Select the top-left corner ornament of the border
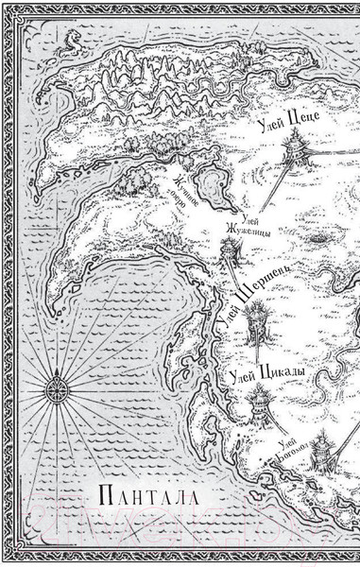click(11, 11)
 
